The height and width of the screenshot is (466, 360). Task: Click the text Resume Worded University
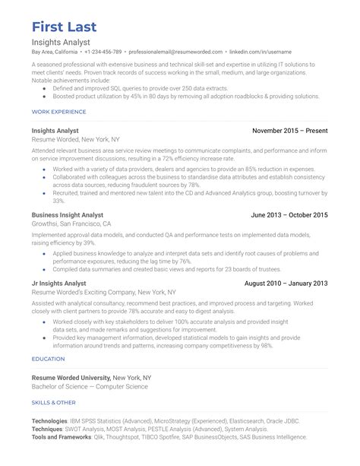point(71,377)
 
